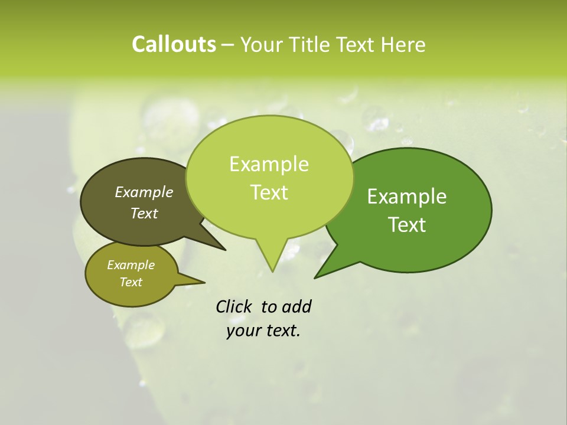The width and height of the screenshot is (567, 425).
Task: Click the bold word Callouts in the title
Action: [174, 44]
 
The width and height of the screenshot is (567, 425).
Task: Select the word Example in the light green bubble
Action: [269, 164]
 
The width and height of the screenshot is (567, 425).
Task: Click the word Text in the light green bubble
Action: [269, 192]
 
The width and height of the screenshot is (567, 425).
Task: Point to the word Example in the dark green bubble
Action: [407, 197]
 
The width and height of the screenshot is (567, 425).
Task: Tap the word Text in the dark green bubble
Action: [407, 225]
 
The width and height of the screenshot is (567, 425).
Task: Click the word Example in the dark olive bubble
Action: [144, 192]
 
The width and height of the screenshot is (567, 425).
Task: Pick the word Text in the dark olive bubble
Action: [144, 213]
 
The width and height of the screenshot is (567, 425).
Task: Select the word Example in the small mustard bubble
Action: [131, 265]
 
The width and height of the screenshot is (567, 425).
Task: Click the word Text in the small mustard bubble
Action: [131, 282]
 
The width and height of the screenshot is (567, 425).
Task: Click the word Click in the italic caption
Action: [234, 306]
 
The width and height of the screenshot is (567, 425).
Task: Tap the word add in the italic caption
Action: [296, 306]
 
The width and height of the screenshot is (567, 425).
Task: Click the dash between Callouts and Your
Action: [228, 45]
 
